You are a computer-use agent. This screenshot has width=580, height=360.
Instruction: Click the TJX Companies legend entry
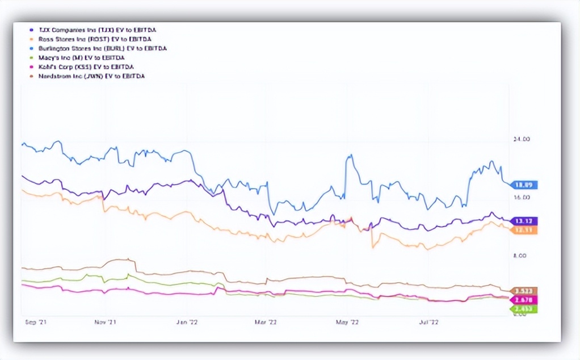tap(94, 31)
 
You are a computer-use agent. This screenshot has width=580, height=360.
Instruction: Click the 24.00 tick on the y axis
tap(522, 140)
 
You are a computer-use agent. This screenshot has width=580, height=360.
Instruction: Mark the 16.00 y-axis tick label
tap(522, 198)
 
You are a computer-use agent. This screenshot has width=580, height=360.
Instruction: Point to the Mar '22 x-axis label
tap(266, 322)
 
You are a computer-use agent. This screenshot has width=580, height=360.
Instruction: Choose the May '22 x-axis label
tap(347, 322)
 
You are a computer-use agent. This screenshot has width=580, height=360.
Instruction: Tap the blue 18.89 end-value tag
tap(525, 185)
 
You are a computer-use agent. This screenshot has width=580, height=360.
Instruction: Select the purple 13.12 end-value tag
tap(525, 221)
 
